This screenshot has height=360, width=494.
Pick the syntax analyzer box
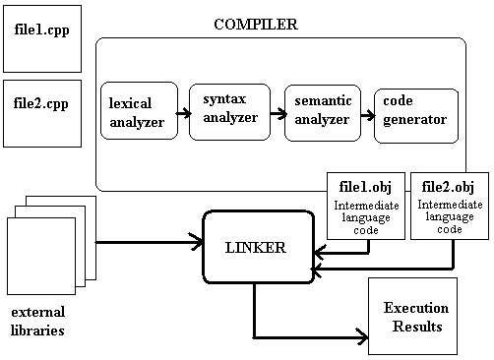coord(228,109)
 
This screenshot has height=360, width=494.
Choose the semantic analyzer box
coord(320,109)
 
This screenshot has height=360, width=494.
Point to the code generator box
coord(416,114)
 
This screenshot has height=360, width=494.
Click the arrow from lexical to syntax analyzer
coord(183,112)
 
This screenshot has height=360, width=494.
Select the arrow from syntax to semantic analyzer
coord(275,113)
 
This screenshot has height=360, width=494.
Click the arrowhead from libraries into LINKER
coord(196,242)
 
